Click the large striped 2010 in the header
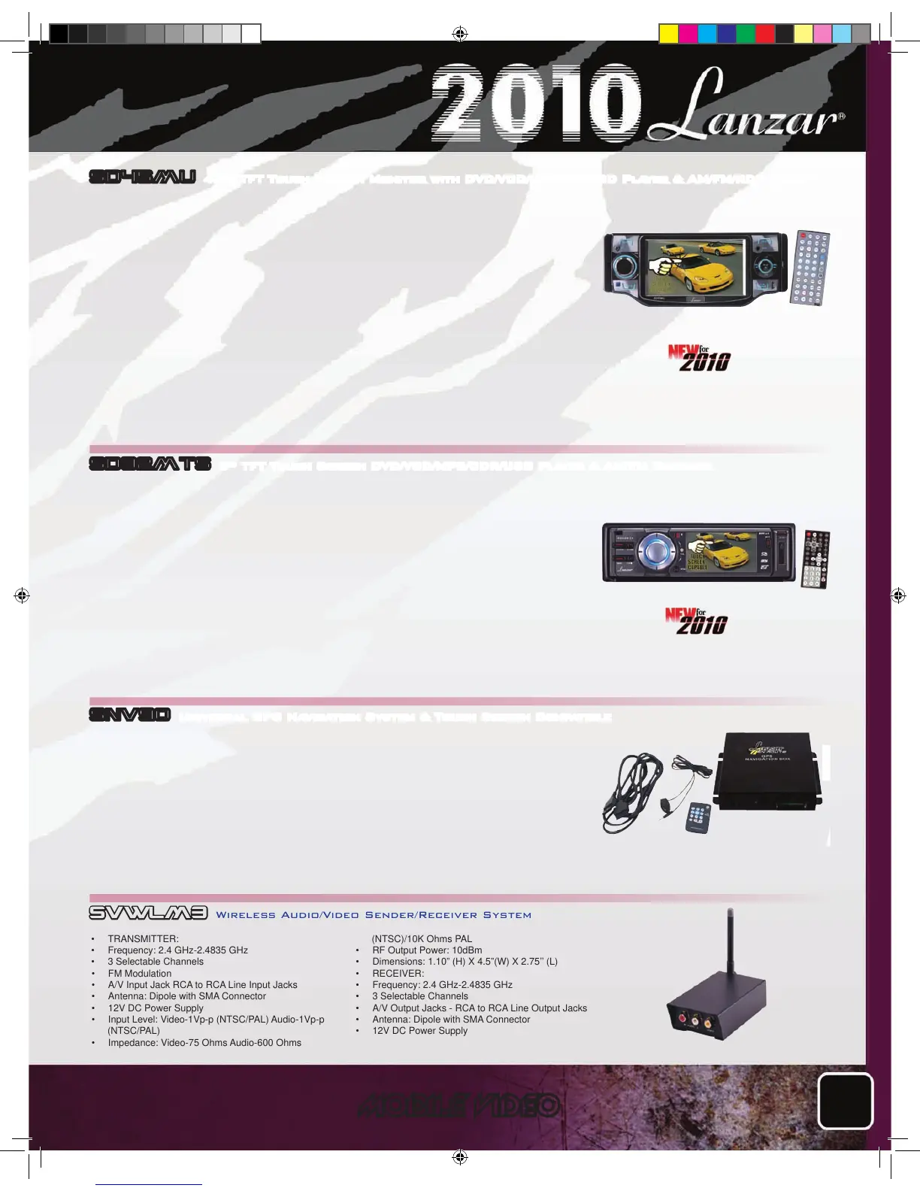(x=535, y=102)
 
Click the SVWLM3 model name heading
(x=148, y=913)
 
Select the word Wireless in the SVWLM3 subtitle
(x=246, y=915)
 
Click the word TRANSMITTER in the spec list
(x=143, y=938)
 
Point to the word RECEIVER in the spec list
(x=398, y=973)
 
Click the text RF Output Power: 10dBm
(x=427, y=950)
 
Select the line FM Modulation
(x=139, y=973)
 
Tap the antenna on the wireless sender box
(x=729, y=940)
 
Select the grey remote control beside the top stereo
(x=810, y=268)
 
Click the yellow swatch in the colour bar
(x=668, y=34)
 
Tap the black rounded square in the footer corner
(x=846, y=1101)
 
